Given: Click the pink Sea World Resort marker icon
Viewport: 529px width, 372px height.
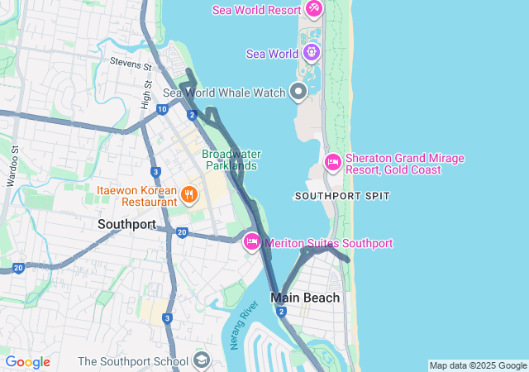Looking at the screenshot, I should pyautogui.click(x=313, y=9).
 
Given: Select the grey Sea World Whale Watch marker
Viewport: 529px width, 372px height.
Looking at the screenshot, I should pyautogui.click(x=298, y=92).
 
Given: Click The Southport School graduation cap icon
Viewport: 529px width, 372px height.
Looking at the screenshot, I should pyautogui.click(x=202, y=360).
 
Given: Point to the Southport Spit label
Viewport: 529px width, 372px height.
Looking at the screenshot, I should pyautogui.click(x=341, y=196).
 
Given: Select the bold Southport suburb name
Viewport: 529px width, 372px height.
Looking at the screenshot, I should pyautogui.click(x=126, y=224).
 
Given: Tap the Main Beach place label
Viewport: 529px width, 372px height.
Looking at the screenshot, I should pyautogui.click(x=305, y=298).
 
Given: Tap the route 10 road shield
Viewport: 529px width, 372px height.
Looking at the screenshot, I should pyautogui.click(x=162, y=108).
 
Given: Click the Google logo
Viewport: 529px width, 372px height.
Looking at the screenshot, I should pyautogui.click(x=28, y=362).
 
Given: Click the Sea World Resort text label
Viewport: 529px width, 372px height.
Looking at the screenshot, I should pyautogui.click(x=256, y=10).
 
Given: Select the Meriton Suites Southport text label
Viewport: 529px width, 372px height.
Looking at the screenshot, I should pyautogui.click(x=328, y=243).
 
